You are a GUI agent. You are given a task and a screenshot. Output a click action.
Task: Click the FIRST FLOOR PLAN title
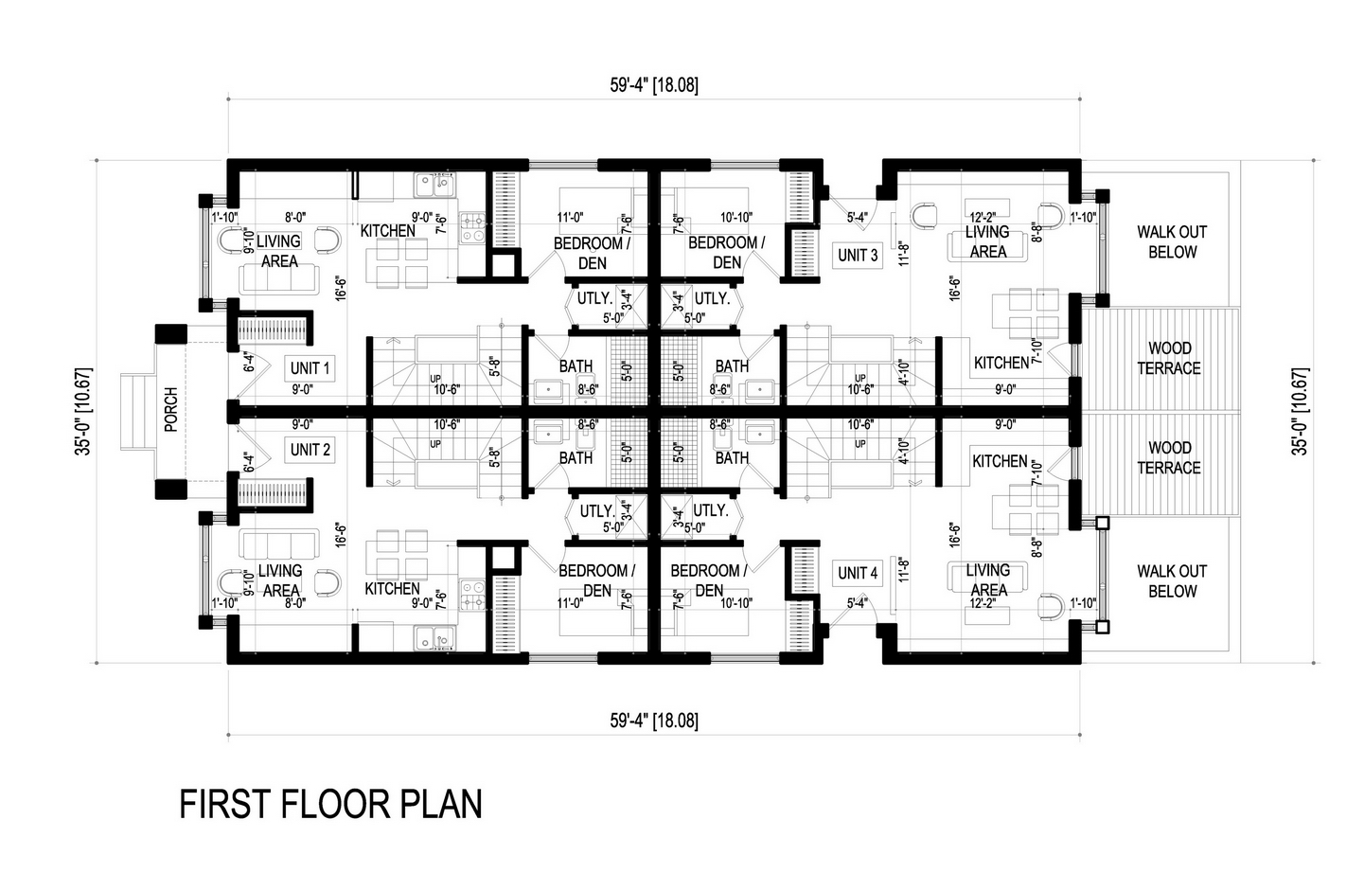tap(330, 804)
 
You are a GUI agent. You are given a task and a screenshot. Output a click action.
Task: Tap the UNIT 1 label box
tap(310, 368)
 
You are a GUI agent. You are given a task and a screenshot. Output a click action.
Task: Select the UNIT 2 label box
tap(310, 450)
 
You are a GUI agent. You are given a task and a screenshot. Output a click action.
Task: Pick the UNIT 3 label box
tap(858, 256)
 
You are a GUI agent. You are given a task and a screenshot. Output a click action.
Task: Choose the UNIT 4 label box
tap(858, 573)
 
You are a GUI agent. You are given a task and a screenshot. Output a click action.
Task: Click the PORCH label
tap(171, 410)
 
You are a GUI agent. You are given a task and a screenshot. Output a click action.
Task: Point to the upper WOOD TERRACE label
tap(1169, 358)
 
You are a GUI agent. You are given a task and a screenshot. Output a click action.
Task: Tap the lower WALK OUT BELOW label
tap(1172, 581)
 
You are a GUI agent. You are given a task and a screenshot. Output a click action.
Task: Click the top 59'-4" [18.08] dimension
tap(654, 84)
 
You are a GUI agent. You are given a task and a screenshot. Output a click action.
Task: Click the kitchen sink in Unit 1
tap(434, 186)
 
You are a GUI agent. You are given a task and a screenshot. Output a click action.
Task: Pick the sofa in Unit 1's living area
tap(278, 279)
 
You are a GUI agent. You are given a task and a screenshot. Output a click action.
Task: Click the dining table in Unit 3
tap(1025, 314)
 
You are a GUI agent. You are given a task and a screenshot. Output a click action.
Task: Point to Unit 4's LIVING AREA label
tap(988, 579)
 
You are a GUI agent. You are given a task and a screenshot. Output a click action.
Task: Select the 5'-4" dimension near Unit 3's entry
tap(858, 217)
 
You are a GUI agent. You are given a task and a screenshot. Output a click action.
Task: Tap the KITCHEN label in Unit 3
tap(1001, 363)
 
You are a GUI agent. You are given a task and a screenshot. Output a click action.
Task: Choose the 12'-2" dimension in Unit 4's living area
tap(983, 603)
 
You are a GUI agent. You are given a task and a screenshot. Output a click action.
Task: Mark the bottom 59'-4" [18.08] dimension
tap(654, 721)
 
